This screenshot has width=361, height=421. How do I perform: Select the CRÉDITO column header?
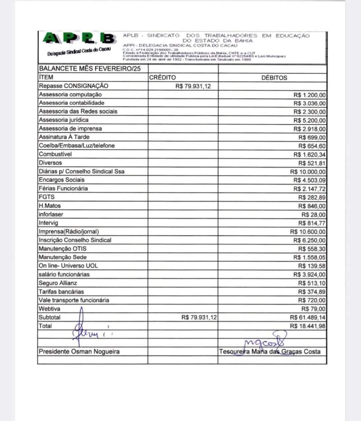coord(163,78)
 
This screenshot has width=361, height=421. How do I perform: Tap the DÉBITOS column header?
coord(274,78)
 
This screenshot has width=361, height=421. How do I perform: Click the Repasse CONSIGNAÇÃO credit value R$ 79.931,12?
coord(193,86)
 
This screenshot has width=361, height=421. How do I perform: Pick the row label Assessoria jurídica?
coord(64,120)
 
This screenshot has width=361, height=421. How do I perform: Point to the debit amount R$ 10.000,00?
coord(308,172)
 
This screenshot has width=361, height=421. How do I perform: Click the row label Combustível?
coord(56,154)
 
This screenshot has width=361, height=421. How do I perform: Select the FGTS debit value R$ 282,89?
coord(312,197)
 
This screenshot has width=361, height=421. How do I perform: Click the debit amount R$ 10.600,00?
coord(308,232)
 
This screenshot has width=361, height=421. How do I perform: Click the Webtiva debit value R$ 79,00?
coord(315,309)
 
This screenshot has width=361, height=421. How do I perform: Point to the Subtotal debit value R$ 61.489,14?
coord(308,318)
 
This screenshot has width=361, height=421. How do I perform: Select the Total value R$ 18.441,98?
coord(308,326)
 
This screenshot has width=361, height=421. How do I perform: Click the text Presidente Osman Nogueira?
coord(79,351)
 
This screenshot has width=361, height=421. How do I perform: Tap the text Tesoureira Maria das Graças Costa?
coord(270,351)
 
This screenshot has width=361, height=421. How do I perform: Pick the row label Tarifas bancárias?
coord(61,291)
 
